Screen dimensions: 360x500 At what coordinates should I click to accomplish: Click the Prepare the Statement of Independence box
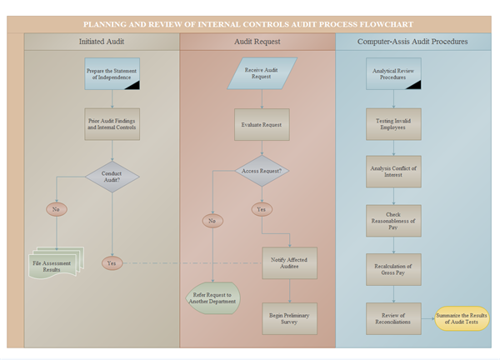(x=112, y=74)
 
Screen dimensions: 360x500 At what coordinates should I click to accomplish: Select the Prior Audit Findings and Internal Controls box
(x=112, y=124)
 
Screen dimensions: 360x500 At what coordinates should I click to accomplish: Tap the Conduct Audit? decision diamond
(x=112, y=177)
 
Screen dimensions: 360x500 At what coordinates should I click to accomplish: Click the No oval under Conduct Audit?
(x=56, y=209)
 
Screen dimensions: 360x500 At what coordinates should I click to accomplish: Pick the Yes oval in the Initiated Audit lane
(x=112, y=263)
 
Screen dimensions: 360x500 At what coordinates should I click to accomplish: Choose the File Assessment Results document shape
(x=57, y=265)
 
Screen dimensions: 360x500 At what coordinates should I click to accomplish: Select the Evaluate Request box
(x=262, y=124)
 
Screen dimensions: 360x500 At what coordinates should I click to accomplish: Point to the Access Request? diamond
(x=262, y=171)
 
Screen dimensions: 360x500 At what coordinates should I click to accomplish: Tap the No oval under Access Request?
(x=212, y=221)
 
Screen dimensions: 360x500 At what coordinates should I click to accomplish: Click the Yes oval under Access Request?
(x=262, y=209)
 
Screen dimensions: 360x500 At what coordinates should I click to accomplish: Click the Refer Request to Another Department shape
(x=212, y=298)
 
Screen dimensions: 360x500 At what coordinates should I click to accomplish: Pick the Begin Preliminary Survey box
(x=289, y=318)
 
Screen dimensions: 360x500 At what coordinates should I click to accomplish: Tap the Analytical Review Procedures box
(x=394, y=74)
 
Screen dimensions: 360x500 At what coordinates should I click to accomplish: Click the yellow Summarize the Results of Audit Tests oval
(x=459, y=318)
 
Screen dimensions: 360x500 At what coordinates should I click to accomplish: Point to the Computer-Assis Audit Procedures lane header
(x=412, y=41)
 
